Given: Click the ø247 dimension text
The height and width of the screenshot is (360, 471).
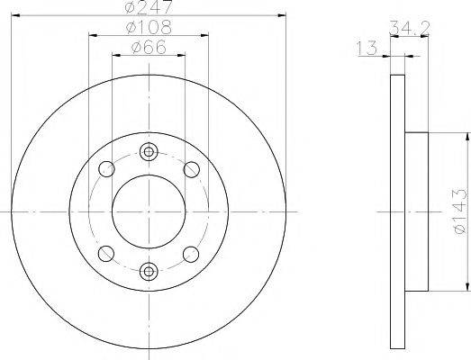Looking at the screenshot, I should point(149,8).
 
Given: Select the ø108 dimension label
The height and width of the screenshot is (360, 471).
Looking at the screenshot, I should point(149,27).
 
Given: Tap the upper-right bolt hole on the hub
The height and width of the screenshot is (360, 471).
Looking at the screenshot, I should point(190,168).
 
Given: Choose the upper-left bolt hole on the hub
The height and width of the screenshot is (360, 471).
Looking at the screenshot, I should point(107,168).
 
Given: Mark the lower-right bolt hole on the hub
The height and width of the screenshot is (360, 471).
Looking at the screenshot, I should point(190,254).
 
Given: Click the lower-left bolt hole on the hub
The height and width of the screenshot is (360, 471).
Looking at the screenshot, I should point(107,254).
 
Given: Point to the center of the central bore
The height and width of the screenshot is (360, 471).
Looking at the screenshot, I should point(149,211).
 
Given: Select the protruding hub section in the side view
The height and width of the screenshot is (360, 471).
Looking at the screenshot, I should point(416,211).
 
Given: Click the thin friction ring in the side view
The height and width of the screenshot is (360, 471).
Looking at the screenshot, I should point(397,211).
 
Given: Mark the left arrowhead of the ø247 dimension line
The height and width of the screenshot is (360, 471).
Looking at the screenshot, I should point(12,15).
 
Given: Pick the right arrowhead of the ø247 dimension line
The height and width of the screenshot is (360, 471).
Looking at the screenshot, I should point(285,15).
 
